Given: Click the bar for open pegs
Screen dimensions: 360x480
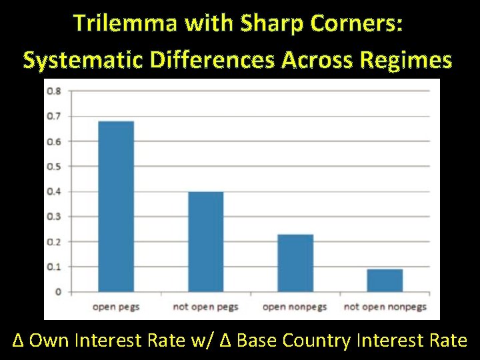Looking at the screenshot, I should (116, 206).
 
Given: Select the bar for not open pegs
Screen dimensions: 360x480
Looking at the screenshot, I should (205, 241).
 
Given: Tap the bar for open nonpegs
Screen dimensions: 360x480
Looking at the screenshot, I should (295, 263).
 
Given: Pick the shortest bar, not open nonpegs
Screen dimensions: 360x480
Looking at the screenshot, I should (385, 280).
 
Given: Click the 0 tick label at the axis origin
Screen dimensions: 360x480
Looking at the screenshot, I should (59, 292).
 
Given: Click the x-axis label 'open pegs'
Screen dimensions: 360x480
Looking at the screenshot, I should (116, 307).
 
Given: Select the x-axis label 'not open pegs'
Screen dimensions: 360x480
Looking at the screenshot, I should (205, 307).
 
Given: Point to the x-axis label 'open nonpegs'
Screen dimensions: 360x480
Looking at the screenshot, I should (295, 307).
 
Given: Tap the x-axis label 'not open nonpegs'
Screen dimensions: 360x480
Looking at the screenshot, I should (385, 307).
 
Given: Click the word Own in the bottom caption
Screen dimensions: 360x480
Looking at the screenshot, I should (49, 341).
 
